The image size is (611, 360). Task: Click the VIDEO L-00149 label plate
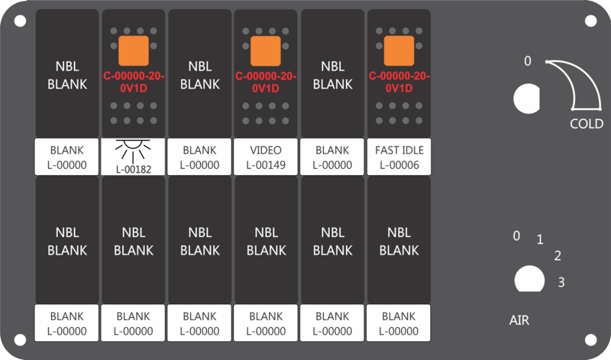tap(266, 157)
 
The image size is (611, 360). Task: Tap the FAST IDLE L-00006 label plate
tap(399, 157)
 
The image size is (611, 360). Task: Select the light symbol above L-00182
tap(133, 150)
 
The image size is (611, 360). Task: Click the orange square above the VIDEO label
tap(265, 50)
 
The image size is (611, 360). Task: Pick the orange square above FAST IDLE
tap(399, 50)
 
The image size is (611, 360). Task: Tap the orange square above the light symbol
tap(133, 50)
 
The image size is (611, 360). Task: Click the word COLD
tap(587, 124)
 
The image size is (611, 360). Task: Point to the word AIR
tap(519, 320)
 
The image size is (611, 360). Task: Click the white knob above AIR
tap(529, 279)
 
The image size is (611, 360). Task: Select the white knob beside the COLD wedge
tap(527, 99)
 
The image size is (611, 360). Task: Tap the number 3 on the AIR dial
tap(561, 282)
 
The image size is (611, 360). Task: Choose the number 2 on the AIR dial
tap(558, 256)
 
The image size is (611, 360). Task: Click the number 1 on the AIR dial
tap(540, 239)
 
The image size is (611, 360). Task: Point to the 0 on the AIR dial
tap(516, 235)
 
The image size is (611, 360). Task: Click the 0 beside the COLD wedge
tap(527, 61)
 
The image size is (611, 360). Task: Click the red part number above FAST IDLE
tap(399, 82)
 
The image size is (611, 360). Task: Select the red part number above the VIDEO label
tap(266, 82)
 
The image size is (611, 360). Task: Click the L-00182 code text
tap(133, 170)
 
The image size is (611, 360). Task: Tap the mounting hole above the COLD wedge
tap(590, 21)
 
